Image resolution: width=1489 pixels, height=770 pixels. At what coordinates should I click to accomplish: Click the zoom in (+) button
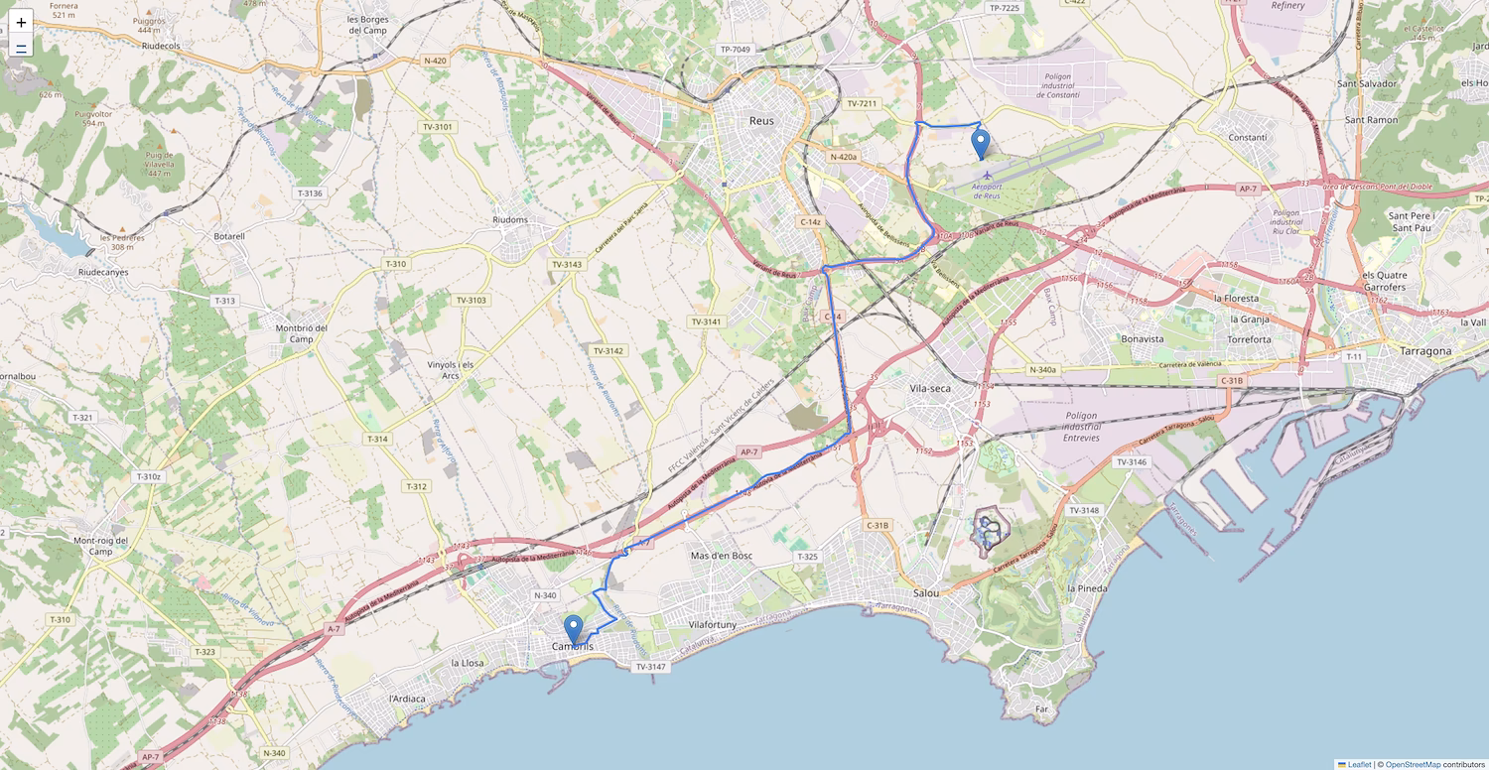click(x=21, y=21)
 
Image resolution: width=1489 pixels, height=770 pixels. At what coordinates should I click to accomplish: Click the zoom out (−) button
click(x=21, y=47)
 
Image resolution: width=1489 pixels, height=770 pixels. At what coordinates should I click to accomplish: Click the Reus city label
click(x=761, y=121)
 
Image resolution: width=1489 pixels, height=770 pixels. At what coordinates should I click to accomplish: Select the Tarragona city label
click(x=1424, y=351)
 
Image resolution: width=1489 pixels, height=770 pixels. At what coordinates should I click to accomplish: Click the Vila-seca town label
click(x=930, y=388)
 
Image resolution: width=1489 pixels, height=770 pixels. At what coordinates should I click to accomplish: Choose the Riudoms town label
click(x=511, y=220)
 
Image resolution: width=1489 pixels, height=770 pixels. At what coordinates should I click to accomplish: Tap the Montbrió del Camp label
click(x=301, y=333)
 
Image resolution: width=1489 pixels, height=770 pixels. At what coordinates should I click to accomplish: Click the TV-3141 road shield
click(x=706, y=321)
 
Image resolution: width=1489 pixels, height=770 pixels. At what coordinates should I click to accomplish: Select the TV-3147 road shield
click(x=651, y=667)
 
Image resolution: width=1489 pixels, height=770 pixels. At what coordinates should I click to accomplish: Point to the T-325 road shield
click(x=807, y=557)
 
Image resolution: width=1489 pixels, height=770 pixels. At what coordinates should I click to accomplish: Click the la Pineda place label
click(x=1086, y=588)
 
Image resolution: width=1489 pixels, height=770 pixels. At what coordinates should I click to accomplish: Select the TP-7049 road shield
click(x=736, y=49)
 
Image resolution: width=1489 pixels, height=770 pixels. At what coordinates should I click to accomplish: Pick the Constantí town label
click(x=1247, y=137)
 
